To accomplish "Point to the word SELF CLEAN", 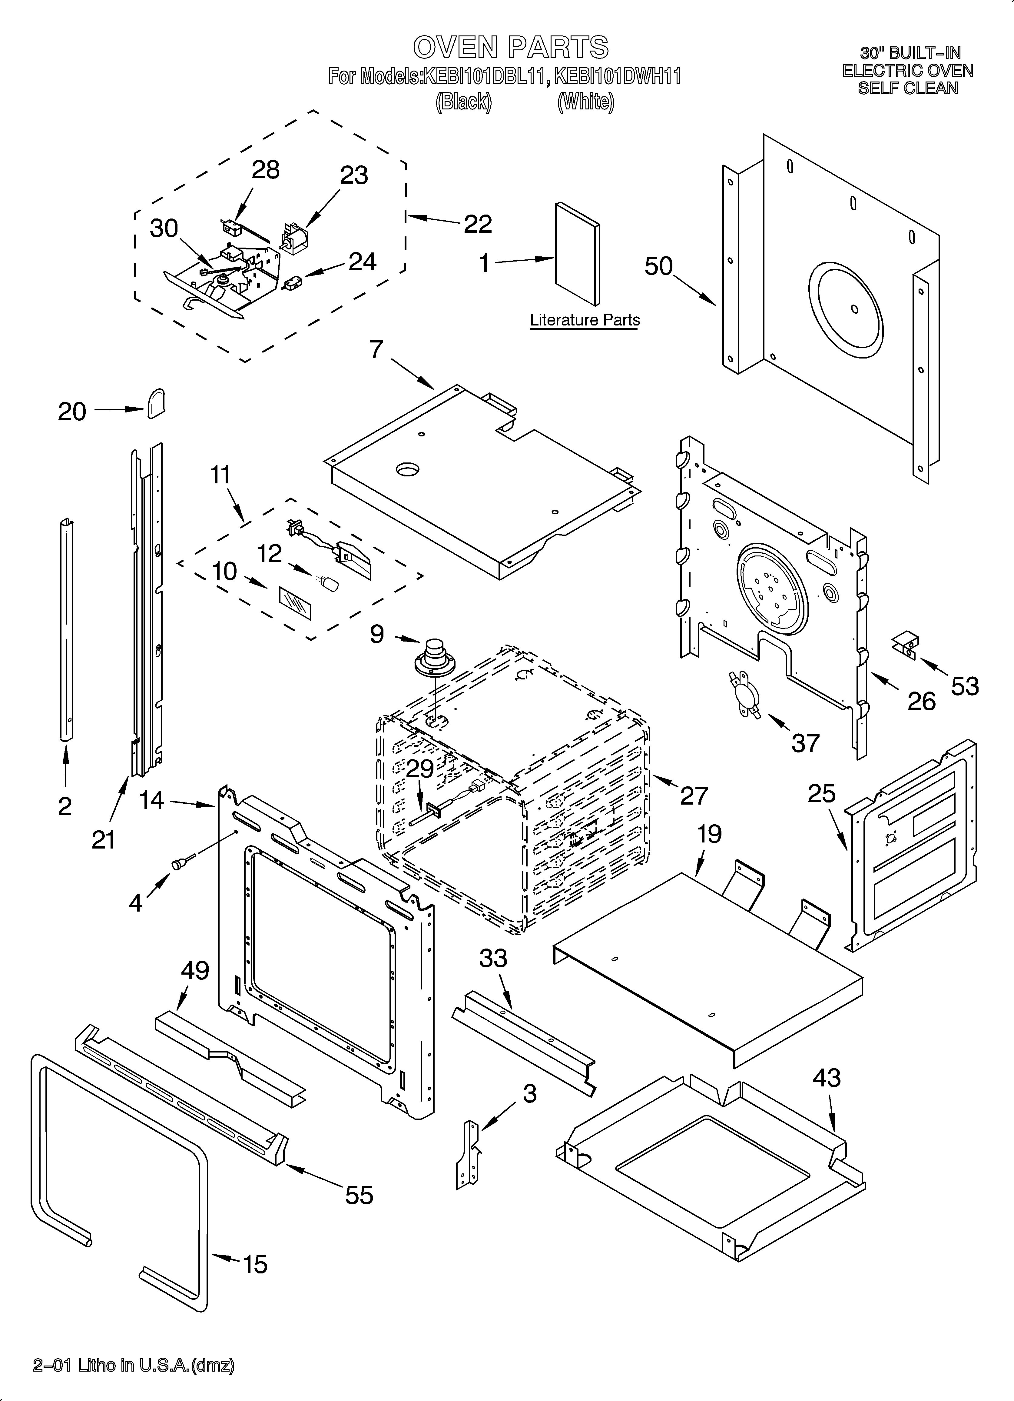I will point(908,88).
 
